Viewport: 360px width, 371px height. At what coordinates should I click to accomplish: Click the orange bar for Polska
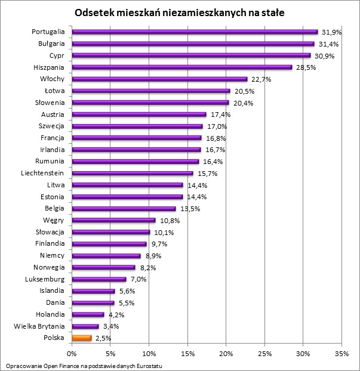tap(82, 338)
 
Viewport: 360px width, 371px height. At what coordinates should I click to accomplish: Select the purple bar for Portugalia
tap(195, 32)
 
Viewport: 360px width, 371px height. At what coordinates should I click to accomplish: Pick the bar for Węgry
tap(113, 220)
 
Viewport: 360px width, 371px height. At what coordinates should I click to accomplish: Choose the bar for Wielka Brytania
tap(85, 326)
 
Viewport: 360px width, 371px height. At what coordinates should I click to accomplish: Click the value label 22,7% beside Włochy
tap(259, 79)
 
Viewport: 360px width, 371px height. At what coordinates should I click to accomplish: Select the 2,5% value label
tap(103, 338)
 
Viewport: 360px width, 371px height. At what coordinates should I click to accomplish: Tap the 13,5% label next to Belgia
tap(187, 209)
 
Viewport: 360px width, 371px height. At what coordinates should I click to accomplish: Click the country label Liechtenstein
tap(43, 173)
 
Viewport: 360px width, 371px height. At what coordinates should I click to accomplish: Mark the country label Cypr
tap(57, 55)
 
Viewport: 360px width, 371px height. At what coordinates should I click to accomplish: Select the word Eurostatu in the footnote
tap(148, 365)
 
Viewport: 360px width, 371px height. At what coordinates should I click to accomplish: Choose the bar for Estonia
tap(127, 197)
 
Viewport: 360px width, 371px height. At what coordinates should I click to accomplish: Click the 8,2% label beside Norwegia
tap(147, 268)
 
